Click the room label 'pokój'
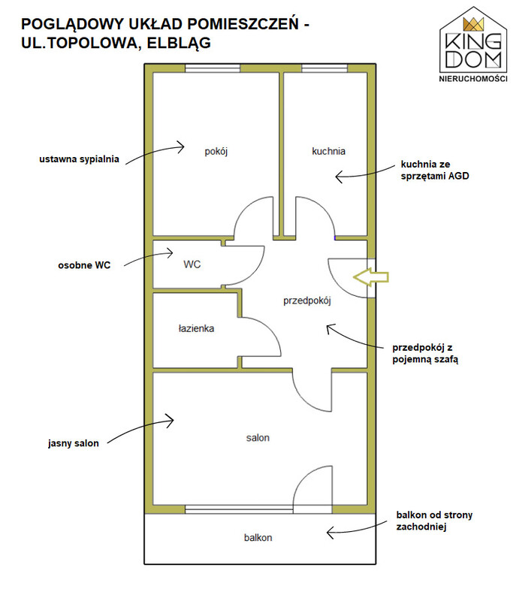pos(216,152)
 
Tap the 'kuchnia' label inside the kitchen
pos(328,151)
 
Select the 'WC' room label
pos(192,264)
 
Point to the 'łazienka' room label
pos(196,328)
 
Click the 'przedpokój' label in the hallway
pos(307,301)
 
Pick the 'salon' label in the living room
pos(258,438)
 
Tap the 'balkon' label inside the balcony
pos(258,537)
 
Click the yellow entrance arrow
pos(371,276)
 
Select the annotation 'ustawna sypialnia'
pos(79,159)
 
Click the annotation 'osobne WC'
pos(84,265)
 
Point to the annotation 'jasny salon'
pos(73,443)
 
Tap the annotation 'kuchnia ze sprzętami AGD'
pos(435,171)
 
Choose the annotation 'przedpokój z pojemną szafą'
pos(425,353)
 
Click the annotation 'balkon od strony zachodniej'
pos(434,521)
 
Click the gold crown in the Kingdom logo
pos(473,24)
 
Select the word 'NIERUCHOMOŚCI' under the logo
pos(473,79)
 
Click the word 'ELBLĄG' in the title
pos(179,43)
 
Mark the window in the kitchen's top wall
pos(324,68)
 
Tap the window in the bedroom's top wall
pos(213,68)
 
